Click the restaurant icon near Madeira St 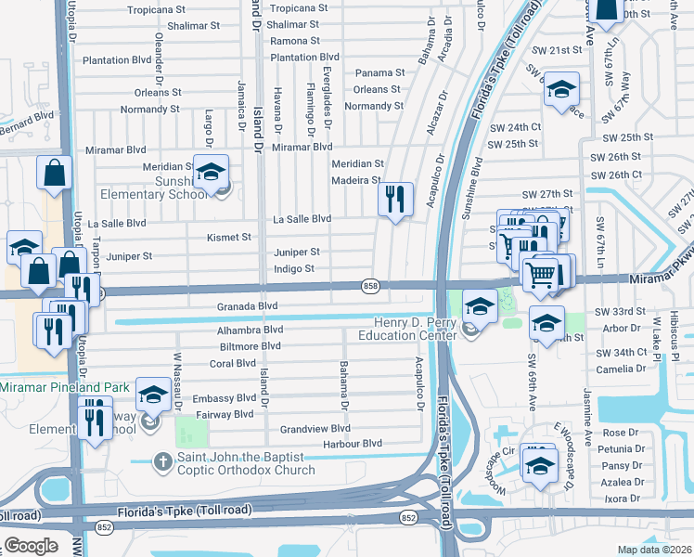[x=396, y=198]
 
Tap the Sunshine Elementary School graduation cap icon [x=212, y=172]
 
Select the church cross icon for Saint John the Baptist [x=162, y=460]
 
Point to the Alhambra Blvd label [x=250, y=330]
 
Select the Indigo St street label [x=294, y=269]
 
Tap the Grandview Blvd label [x=315, y=429]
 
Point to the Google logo [x=30, y=545]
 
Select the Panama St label [x=380, y=72]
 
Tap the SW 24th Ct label [x=514, y=127]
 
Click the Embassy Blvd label [x=224, y=398]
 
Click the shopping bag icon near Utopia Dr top [x=55, y=174]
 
